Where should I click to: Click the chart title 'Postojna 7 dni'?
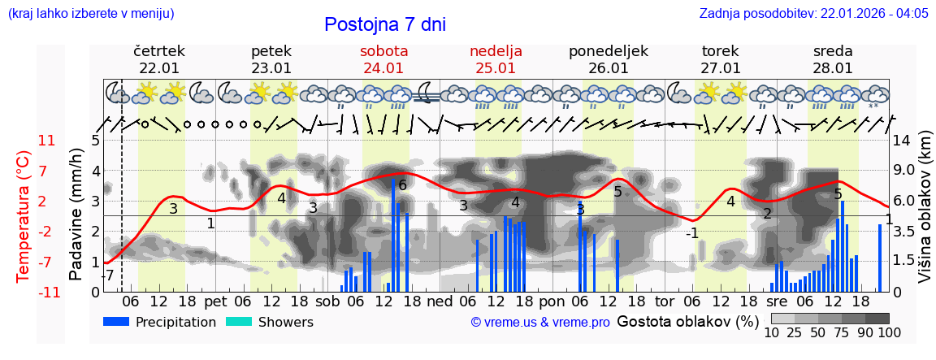(x=384, y=24)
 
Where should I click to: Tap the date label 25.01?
(x=496, y=68)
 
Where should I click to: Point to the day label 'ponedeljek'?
(x=609, y=51)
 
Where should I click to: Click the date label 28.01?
(x=833, y=68)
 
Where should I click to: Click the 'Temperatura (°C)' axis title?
(x=23, y=215)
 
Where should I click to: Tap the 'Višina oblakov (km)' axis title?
(x=925, y=215)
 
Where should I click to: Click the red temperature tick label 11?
(x=47, y=141)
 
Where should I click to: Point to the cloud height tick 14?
(x=902, y=141)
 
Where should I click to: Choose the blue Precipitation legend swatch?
(x=117, y=322)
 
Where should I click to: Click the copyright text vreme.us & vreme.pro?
(x=540, y=323)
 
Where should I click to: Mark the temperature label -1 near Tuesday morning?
(x=691, y=233)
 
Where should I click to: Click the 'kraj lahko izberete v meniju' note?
(x=90, y=13)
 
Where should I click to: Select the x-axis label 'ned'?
(x=440, y=301)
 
